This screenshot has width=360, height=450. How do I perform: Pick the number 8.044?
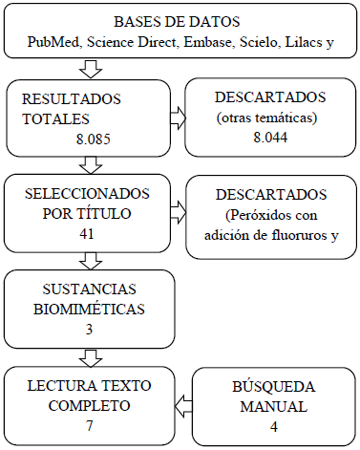269,139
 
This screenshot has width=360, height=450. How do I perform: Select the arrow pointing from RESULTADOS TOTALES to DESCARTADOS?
178,117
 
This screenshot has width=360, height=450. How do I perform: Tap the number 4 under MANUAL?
273,427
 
